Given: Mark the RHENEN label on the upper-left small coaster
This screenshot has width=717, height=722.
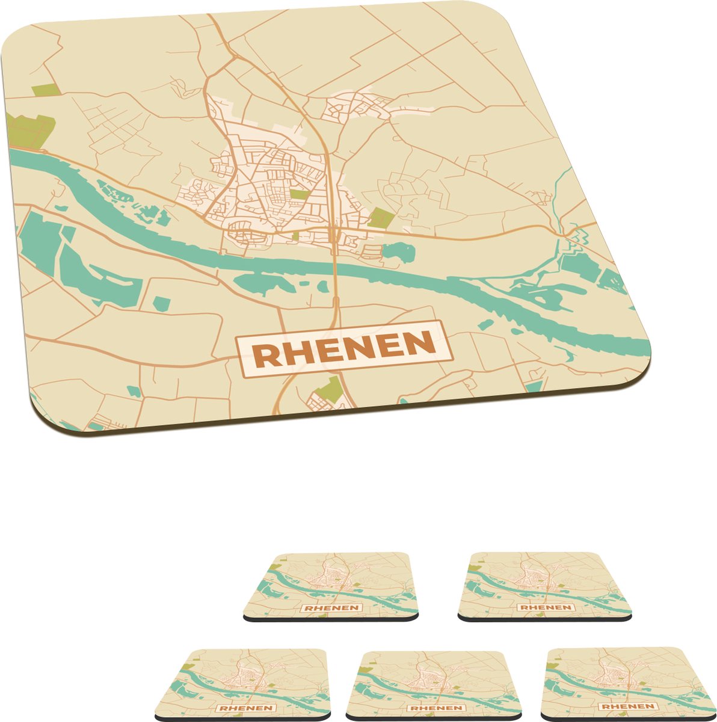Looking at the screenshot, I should coord(331,608).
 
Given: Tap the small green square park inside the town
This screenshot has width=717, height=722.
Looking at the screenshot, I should coord(300,195).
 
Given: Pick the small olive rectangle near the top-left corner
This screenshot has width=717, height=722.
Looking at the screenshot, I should coord(46,90).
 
